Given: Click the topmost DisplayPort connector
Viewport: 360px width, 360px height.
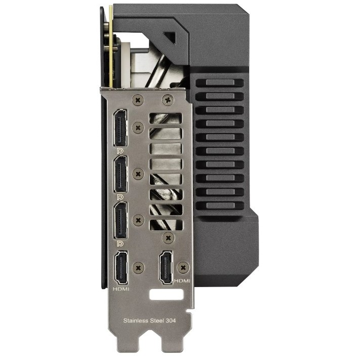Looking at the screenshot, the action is coord(120,128).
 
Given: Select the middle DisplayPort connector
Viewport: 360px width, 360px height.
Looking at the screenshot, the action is coord(121,174).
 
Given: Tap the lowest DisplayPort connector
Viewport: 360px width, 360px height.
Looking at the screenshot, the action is coord(121,220).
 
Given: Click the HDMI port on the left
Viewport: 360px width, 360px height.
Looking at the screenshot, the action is coord(121,267).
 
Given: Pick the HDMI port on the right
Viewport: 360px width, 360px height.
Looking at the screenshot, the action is coord(166,267).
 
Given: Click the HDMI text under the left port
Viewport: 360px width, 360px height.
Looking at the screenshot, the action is coord(121,289).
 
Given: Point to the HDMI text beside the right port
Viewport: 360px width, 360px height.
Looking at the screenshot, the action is coord(182,281).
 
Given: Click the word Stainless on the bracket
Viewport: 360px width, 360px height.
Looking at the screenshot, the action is coord(136,321).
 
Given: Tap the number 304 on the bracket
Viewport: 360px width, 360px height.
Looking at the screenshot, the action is coord(170,321).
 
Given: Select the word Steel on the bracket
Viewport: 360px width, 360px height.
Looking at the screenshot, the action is coord(156,321).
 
